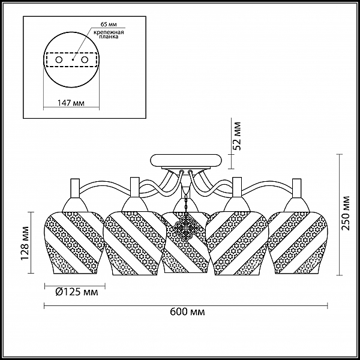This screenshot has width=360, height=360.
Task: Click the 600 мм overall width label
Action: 187,312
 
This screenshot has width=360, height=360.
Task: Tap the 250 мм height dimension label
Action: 345,213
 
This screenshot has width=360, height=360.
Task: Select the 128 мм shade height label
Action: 25,244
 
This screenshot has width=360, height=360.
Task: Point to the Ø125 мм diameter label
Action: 77,292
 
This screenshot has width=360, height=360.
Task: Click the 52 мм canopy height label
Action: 237,136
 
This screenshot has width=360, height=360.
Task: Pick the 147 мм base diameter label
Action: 71,103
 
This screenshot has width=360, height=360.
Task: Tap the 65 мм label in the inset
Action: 109,24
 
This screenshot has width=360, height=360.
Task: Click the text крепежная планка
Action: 109,34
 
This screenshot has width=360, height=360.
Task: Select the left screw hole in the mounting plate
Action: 59,60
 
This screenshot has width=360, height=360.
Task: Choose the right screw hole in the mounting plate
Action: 85,60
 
